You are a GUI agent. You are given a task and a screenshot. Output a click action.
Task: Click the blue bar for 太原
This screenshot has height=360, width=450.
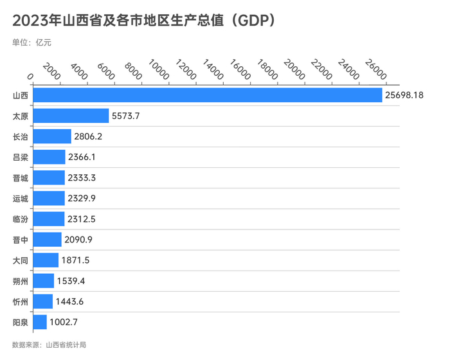pos(70,116)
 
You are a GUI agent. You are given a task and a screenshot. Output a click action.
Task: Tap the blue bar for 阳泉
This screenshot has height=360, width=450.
pos(39,321)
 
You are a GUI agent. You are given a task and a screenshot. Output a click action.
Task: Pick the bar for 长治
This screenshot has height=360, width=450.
pos(51,136)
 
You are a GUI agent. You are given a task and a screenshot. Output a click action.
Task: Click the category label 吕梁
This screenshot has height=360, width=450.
pos(20,157)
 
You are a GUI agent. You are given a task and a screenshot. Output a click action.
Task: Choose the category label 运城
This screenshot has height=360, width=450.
pos(20,198)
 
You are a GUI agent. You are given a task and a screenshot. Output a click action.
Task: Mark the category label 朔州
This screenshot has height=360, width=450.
pos(20,280)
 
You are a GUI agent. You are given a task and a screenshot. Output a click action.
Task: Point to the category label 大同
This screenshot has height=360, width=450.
pos(20,260)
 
